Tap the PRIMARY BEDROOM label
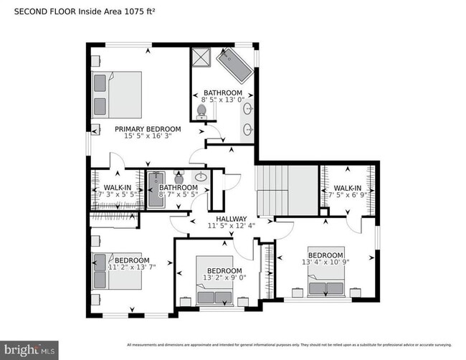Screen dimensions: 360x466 click(148, 130)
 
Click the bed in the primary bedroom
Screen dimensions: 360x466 click(117, 94)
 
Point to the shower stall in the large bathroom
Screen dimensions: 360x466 click(201, 58)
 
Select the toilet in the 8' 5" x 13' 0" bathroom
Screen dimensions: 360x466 click(202, 111)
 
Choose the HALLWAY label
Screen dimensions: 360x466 click(227, 219)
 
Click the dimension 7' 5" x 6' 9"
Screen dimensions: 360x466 click(347, 195)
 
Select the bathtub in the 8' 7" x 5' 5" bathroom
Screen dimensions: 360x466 click(156, 190)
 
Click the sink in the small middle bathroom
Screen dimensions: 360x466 click(201, 177)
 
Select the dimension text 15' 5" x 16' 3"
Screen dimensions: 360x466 click(148, 138)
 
